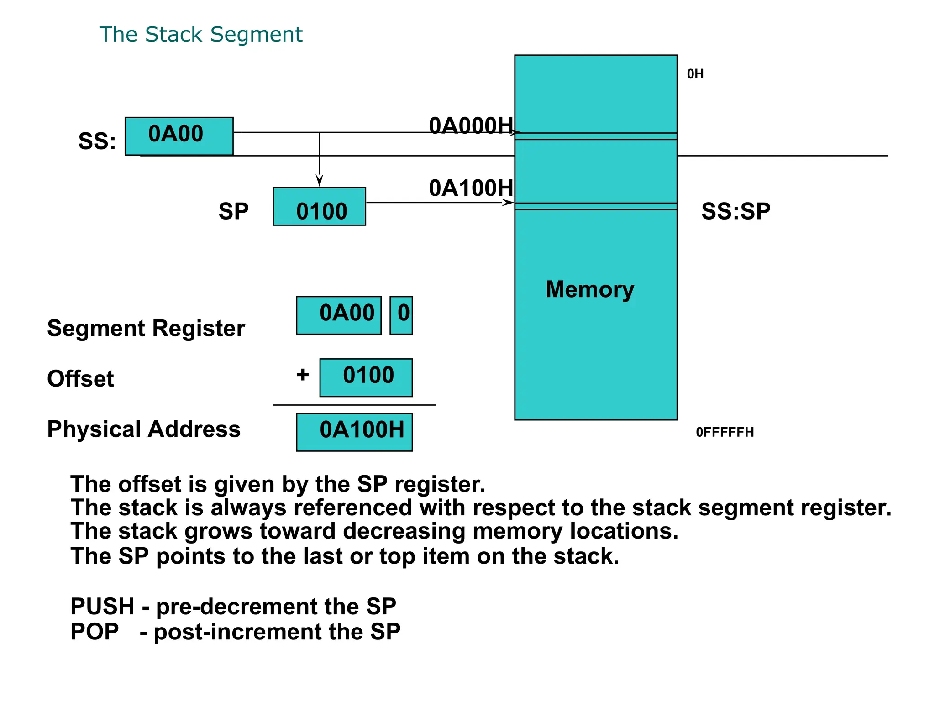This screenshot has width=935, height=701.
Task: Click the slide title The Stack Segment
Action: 201,35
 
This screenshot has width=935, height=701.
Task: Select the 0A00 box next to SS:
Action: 179,136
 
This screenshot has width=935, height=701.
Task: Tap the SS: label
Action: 97,141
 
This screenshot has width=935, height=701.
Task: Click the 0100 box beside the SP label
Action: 319,207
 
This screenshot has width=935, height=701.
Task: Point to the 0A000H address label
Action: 471,126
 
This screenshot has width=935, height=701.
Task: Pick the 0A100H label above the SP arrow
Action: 471,188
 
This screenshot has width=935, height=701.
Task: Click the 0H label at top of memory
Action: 695,74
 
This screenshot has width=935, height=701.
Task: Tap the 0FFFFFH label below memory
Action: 725,432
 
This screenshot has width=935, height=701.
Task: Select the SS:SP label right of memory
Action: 735,211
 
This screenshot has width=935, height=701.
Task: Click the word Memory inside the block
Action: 590,289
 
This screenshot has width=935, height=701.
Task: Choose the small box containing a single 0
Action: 401,315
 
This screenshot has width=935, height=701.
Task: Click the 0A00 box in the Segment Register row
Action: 339,315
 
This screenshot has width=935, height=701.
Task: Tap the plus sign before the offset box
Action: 303,375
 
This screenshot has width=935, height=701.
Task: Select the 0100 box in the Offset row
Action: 366,377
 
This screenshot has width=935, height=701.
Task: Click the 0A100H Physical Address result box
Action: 354,432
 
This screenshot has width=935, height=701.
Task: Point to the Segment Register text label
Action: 146,328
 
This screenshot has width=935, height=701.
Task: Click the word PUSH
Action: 102,607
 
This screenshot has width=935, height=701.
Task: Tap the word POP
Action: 95,632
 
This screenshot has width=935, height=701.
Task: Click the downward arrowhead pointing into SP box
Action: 320,181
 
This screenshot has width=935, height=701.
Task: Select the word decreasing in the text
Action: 404,531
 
